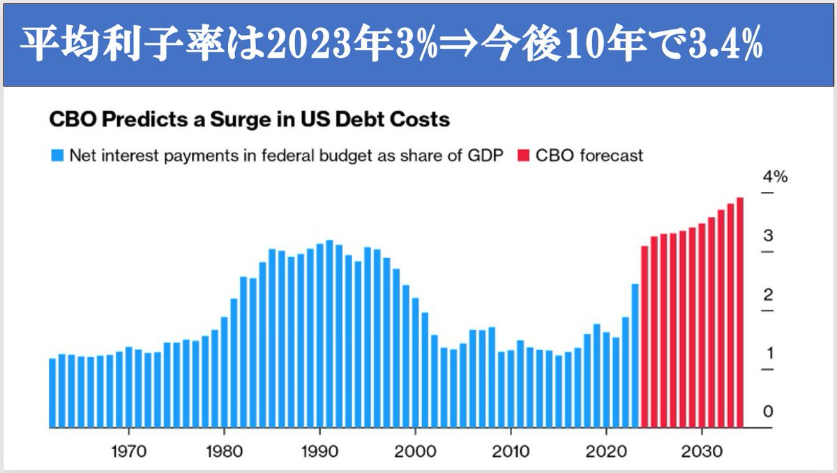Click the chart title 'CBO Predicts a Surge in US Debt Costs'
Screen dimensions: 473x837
pos(249,120)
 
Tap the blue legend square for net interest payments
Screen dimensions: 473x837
pos(56,155)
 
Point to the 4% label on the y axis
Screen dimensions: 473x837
pos(774,177)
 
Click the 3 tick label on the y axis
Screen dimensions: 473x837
pos(768,235)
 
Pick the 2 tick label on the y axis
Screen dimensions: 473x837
pos(768,294)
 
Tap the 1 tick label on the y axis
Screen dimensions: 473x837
pos(768,353)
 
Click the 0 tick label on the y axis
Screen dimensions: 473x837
pos(768,412)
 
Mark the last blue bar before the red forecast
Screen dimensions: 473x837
pos(635,356)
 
